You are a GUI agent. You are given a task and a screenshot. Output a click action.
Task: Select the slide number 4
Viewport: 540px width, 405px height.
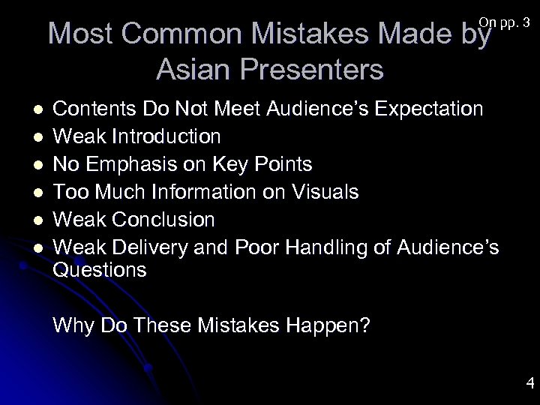(x=529, y=385)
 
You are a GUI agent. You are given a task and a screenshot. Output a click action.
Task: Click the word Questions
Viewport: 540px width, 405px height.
(x=100, y=269)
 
